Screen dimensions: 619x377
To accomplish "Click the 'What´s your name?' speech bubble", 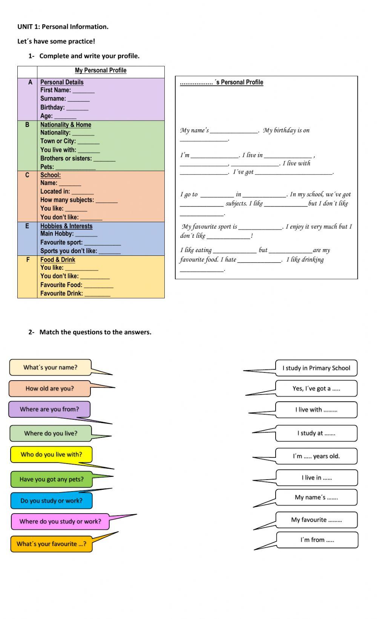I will click(50, 367).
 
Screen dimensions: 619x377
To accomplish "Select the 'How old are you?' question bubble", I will click(50, 388).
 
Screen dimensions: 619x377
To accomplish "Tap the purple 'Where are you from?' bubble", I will click(49, 409).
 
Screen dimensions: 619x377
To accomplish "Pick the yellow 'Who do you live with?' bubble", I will click(51, 454).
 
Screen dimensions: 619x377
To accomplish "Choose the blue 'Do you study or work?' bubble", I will click(51, 501).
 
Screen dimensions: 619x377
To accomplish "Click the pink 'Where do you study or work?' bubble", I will click(60, 521).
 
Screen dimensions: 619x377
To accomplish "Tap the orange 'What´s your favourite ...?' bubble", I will click(51, 544).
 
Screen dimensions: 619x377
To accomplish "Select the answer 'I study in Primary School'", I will click(316, 368).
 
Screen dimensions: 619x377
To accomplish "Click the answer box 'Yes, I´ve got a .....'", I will click(316, 388).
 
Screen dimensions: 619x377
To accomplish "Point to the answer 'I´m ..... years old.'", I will click(316, 456).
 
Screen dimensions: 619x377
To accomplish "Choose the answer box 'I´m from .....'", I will click(317, 540).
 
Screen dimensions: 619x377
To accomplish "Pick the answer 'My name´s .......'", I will click(316, 497).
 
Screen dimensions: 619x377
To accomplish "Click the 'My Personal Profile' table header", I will click(101, 70).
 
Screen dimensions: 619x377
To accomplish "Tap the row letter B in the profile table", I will click(27, 125).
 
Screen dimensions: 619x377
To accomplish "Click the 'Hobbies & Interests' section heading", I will click(66, 226).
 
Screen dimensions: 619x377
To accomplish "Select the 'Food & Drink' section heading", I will click(58, 260).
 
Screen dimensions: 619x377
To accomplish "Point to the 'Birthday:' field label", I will click(52, 107).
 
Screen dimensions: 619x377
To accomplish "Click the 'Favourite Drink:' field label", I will click(61, 293).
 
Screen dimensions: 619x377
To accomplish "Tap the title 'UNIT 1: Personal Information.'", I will click(63, 27).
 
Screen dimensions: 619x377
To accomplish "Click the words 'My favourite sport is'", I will click(210, 226).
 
